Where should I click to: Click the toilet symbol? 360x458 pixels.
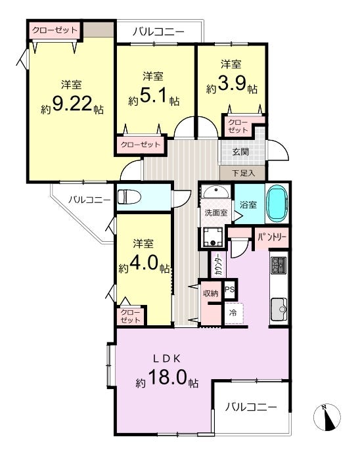[129, 196]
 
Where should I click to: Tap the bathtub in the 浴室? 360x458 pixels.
[277, 202]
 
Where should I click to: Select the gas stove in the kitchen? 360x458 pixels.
[279, 265]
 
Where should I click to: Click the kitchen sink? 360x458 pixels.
[279, 309]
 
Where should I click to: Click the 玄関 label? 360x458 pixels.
[240, 152]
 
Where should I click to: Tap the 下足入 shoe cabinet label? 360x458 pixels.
[244, 173]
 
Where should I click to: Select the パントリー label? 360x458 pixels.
[272, 237]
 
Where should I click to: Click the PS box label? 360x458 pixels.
[230, 289]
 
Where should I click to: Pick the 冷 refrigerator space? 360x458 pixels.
[233, 313]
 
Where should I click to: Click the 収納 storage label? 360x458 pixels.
[211, 293]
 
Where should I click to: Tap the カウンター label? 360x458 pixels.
[218, 265]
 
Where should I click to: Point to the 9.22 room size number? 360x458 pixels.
[72, 103]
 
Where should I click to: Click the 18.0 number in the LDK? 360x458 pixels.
[168, 377]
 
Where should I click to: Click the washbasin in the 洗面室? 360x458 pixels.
[216, 192]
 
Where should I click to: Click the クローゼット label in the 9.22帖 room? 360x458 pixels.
[55, 30]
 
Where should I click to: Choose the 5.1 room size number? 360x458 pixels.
[153, 95]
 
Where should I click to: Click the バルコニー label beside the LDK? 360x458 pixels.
[251, 407]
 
